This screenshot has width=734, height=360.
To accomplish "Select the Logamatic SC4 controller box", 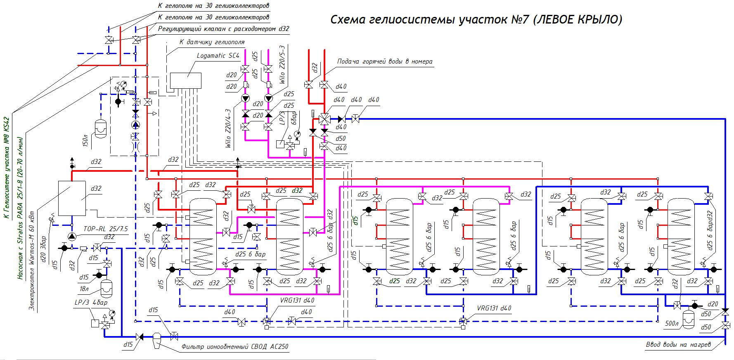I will (186, 81).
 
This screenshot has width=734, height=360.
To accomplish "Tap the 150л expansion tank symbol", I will (101, 129).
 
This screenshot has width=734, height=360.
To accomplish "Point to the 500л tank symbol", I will (689, 318).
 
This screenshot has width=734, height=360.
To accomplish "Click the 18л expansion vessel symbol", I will (107, 289).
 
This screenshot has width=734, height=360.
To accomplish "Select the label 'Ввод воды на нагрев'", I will (678, 345).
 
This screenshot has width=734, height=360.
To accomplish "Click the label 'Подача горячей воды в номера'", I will (384, 62).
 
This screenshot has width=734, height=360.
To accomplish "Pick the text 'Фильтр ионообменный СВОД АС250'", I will (234, 347).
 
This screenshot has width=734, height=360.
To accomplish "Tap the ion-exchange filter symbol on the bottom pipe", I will (156, 339).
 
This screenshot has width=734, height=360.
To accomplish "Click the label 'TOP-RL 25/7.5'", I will (106, 229).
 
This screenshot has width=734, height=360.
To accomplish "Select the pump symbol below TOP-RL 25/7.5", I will (72, 237).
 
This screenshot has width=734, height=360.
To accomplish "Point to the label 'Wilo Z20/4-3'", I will (228, 128).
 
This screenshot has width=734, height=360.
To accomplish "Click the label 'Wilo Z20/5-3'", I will (282, 64).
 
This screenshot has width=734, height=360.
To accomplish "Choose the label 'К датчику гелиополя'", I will (212, 42).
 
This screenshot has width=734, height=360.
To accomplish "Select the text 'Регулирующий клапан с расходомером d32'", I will (223, 29).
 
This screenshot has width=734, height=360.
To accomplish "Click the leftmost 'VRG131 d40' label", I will (297, 301).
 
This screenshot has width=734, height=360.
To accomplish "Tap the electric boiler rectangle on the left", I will (72, 198).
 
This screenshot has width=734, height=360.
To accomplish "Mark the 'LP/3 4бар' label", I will (91, 303).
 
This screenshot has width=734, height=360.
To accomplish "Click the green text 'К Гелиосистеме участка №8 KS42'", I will (6, 168).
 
